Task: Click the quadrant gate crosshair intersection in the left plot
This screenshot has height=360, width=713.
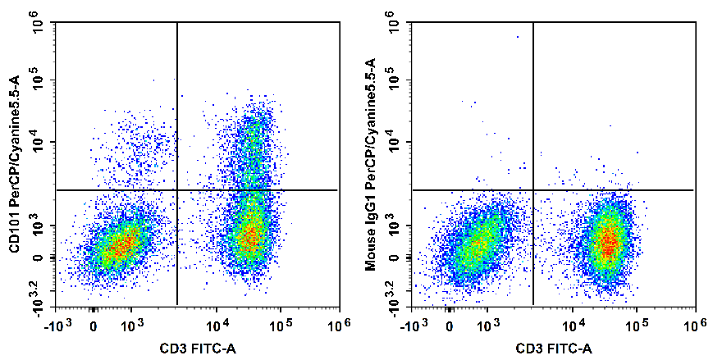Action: pos(177,190)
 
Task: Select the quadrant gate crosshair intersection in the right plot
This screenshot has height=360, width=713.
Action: pos(533,190)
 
